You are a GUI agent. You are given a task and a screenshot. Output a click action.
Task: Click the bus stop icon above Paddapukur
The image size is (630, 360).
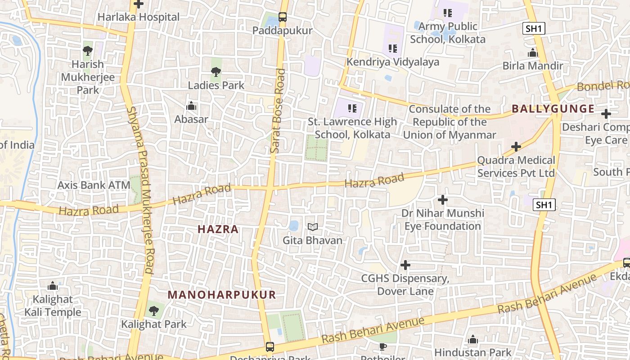(282, 18)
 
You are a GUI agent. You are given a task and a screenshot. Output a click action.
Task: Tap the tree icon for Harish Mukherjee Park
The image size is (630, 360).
(87, 50)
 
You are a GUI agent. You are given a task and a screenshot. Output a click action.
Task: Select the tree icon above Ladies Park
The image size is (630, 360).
(216, 72)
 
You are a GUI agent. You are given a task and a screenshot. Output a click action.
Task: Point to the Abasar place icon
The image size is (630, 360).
(191, 106)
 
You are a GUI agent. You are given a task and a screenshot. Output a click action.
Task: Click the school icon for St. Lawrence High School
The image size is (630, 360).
(352, 108)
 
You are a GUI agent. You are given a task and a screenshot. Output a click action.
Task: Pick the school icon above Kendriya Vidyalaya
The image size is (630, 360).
(392, 48)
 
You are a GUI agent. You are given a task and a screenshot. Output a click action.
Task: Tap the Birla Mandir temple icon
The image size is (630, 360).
(533, 53)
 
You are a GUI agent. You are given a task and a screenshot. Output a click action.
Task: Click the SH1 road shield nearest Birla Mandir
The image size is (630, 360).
(534, 29)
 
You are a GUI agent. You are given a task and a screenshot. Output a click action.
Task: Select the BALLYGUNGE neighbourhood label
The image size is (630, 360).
(553, 109)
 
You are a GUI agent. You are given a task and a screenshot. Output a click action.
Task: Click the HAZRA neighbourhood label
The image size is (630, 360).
(218, 229)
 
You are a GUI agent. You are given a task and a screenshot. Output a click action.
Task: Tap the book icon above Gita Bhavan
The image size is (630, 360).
(312, 227)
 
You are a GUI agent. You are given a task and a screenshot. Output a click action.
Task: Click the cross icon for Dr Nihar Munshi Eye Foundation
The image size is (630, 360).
(443, 199)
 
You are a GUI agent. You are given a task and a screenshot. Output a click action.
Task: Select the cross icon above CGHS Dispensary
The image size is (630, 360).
(405, 265)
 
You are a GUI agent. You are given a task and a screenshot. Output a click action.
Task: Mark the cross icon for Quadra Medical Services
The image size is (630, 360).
(516, 147)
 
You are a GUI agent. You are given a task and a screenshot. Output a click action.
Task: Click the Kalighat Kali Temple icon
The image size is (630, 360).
(53, 286)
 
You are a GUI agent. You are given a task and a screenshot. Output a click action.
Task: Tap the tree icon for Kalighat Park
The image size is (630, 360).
(153, 310)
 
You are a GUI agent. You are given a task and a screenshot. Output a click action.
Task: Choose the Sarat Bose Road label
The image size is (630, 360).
(278, 111)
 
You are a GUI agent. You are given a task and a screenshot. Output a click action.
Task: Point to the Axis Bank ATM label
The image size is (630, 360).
(94, 185)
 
